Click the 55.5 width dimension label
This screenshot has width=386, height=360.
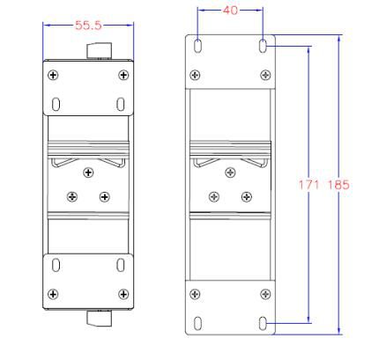coord(88,26)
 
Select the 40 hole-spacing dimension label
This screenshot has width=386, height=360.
coord(230,11)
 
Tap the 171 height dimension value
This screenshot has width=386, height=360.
coord(308,185)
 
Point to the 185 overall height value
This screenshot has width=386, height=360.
coord(338,185)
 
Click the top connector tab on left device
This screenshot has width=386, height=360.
coord(100,51)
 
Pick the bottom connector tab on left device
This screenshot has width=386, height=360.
coord(100,318)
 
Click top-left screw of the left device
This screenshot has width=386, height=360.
coord(53,76)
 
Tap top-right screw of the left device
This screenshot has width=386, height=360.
coord(123,76)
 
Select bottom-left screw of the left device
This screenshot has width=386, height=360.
coord(53,294)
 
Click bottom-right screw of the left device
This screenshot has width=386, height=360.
coord(123,294)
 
